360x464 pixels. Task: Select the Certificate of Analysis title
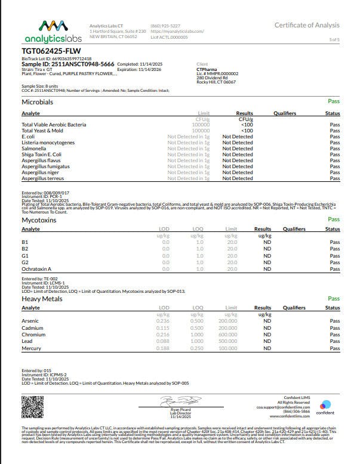coord(307,25)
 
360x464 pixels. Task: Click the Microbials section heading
coord(37,103)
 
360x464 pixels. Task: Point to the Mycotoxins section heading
coord(39,220)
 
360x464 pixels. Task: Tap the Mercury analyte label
coord(30,348)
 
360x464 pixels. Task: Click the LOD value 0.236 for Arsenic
coord(162,321)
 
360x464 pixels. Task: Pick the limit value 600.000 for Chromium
coord(227,334)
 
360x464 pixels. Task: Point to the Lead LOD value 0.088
coord(162,341)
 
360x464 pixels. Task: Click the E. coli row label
coord(29,137)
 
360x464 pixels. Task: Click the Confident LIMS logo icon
coord(325,404)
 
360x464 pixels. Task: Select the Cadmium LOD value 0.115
coord(162,327)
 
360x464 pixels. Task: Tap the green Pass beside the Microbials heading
coord(333,102)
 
